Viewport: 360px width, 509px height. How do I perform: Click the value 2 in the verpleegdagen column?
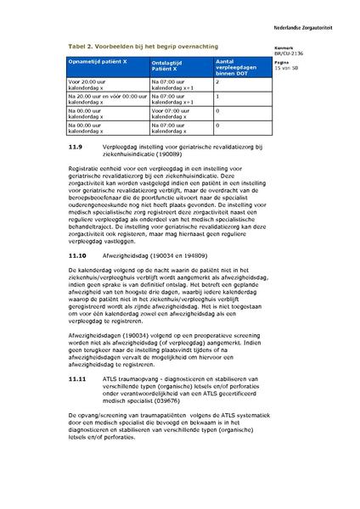click(x=217, y=82)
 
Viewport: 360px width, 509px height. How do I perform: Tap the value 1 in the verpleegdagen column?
click(x=217, y=97)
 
